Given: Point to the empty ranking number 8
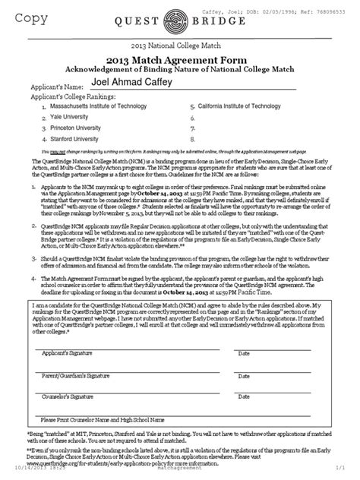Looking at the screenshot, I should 194,140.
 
